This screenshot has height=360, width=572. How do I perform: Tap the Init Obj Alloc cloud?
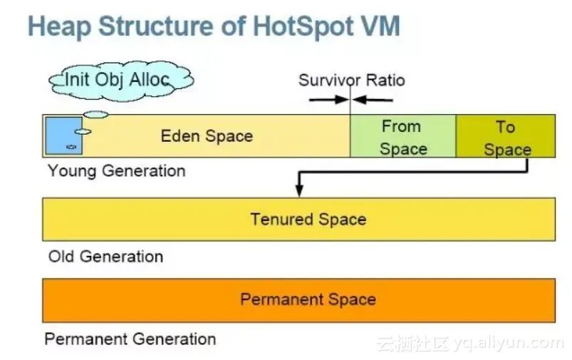click(x=118, y=78)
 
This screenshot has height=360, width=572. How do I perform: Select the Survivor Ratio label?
click(x=351, y=79)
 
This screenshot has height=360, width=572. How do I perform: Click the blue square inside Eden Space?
click(x=63, y=135)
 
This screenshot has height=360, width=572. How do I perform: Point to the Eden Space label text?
click(x=207, y=135)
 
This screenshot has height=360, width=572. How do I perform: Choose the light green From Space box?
click(x=402, y=137)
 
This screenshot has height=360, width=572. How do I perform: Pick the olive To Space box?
click(x=506, y=137)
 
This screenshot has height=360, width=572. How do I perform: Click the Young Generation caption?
click(x=117, y=171)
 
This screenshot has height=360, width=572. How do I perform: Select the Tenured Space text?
click(x=308, y=219)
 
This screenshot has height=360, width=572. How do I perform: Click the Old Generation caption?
click(x=105, y=256)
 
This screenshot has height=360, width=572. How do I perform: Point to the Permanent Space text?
click(x=308, y=299)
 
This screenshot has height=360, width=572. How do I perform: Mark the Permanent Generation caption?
click(x=130, y=339)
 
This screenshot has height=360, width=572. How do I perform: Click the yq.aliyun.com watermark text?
click(x=509, y=344)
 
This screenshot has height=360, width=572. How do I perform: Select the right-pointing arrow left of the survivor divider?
click(x=328, y=99)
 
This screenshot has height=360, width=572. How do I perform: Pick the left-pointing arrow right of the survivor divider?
click(x=373, y=99)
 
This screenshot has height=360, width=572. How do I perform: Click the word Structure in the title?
click(x=161, y=26)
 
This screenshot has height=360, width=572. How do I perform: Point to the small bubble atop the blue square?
click(x=96, y=114)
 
